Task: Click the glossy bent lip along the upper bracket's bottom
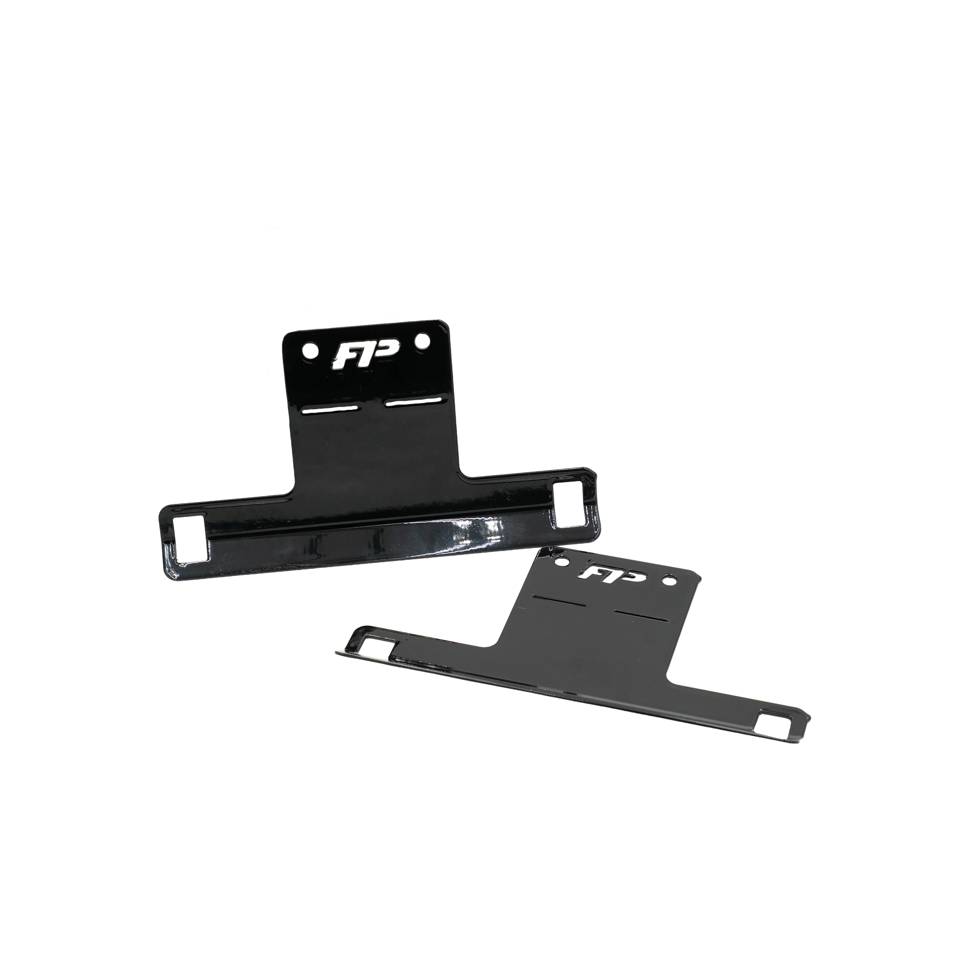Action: click(x=382, y=547)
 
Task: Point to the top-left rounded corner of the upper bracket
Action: click(x=287, y=335)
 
